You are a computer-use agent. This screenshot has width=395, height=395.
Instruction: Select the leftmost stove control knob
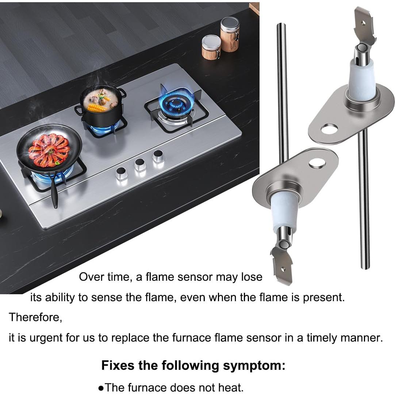tap(122, 173)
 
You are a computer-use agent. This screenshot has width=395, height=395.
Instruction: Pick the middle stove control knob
tap(140, 164)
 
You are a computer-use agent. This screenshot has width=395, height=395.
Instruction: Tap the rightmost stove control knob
tap(158, 156)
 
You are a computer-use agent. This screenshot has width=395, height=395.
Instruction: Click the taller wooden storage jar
tap(230, 34)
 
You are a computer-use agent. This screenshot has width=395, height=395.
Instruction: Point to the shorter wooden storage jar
tap(211, 47)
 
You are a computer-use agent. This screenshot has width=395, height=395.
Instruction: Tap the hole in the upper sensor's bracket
tap(329, 129)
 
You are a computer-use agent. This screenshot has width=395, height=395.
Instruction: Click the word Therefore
tap(35, 317)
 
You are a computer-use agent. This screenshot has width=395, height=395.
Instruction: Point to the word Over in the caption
tap(89, 277)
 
